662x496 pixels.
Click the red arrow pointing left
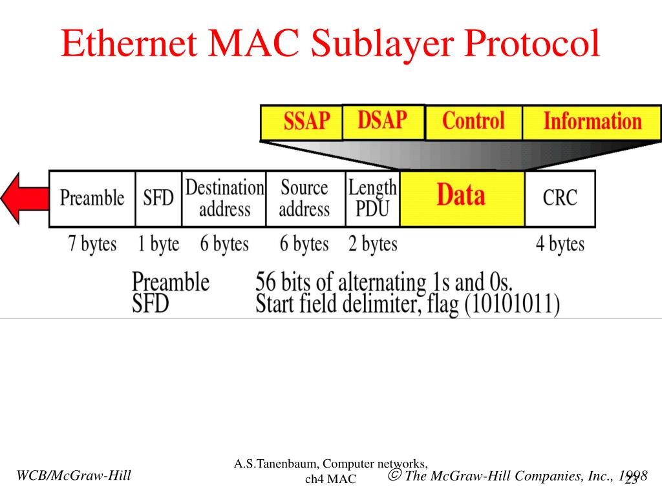[23, 198]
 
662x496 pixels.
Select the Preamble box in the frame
[92, 198]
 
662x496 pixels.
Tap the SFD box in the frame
[158, 198]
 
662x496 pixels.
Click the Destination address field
[224, 198]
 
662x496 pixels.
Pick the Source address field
[304, 198]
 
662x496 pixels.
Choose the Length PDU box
[372, 198]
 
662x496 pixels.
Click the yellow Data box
[462, 198]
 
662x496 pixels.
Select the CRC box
[560, 198]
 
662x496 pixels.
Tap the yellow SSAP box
[301, 123]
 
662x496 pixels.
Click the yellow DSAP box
[383, 121]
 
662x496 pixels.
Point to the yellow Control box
[473, 122]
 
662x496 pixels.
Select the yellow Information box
[592, 122]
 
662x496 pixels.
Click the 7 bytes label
[92, 245]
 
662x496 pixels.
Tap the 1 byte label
[158, 245]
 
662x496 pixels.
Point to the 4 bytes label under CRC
[560, 245]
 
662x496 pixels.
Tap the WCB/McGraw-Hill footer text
[74, 476]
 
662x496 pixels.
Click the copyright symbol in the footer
[394, 476]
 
